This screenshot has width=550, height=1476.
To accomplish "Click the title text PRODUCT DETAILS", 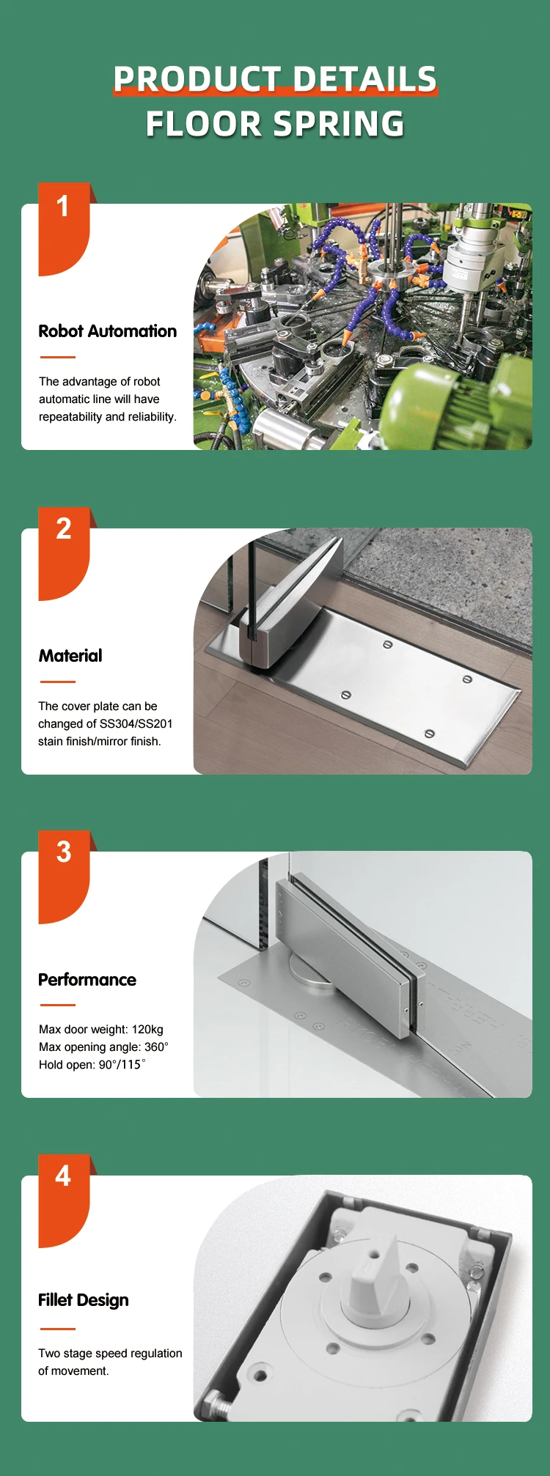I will coord(275,79).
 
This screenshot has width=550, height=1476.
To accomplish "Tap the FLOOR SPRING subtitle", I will coord(275,124).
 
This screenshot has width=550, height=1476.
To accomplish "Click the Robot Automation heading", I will coord(107,331).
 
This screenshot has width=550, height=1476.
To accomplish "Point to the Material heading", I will coord(70,656).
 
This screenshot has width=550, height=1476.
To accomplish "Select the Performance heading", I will coord(87,980).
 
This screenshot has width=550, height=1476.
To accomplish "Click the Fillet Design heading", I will coord(84,1300).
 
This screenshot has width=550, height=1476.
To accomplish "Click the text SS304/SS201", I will coord(136,724).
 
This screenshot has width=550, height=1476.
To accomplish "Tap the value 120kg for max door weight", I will coord(147,1030).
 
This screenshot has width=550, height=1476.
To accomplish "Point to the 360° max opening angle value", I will coord(156,1047).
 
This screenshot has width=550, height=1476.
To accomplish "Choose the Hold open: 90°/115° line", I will coord(92,1065).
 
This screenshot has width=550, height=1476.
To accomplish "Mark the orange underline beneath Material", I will coord(57,682).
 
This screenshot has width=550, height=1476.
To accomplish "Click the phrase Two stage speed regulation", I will coord(110,1354).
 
